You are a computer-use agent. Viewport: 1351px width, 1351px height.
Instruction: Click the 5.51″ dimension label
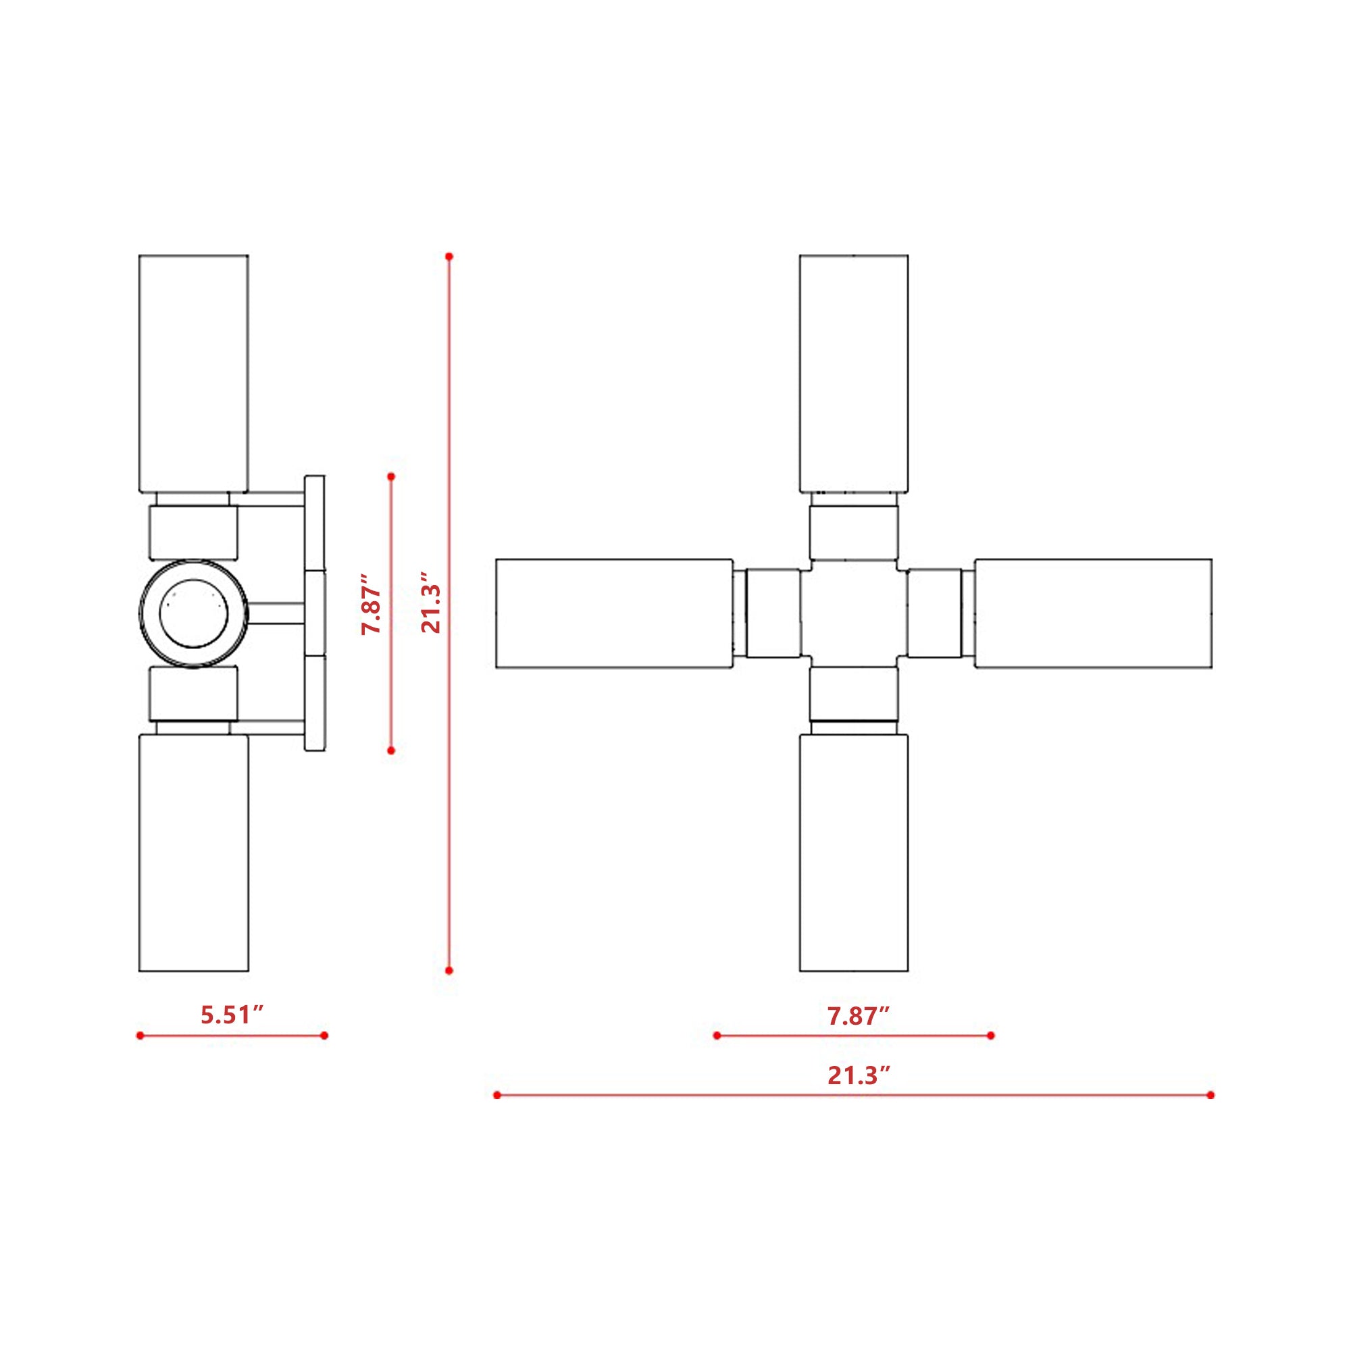click(x=232, y=1015)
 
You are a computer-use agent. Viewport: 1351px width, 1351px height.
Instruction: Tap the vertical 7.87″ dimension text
click(x=372, y=604)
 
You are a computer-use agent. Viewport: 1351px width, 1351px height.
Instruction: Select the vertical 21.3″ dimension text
click(x=431, y=603)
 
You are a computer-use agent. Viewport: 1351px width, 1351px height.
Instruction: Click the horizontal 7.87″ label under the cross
click(x=859, y=1015)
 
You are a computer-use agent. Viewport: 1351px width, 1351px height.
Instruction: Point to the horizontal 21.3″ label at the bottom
click(x=859, y=1075)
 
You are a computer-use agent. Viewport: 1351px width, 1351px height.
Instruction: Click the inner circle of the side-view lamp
click(x=194, y=613)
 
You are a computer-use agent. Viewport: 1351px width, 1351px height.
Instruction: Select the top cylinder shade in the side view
click(x=194, y=374)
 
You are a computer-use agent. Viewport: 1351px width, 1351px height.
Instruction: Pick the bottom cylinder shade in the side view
click(x=194, y=852)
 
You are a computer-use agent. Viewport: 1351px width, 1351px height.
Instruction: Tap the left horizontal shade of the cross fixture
click(x=614, y=613)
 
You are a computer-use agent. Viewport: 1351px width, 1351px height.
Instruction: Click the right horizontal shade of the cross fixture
click(x=1094, y=613)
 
